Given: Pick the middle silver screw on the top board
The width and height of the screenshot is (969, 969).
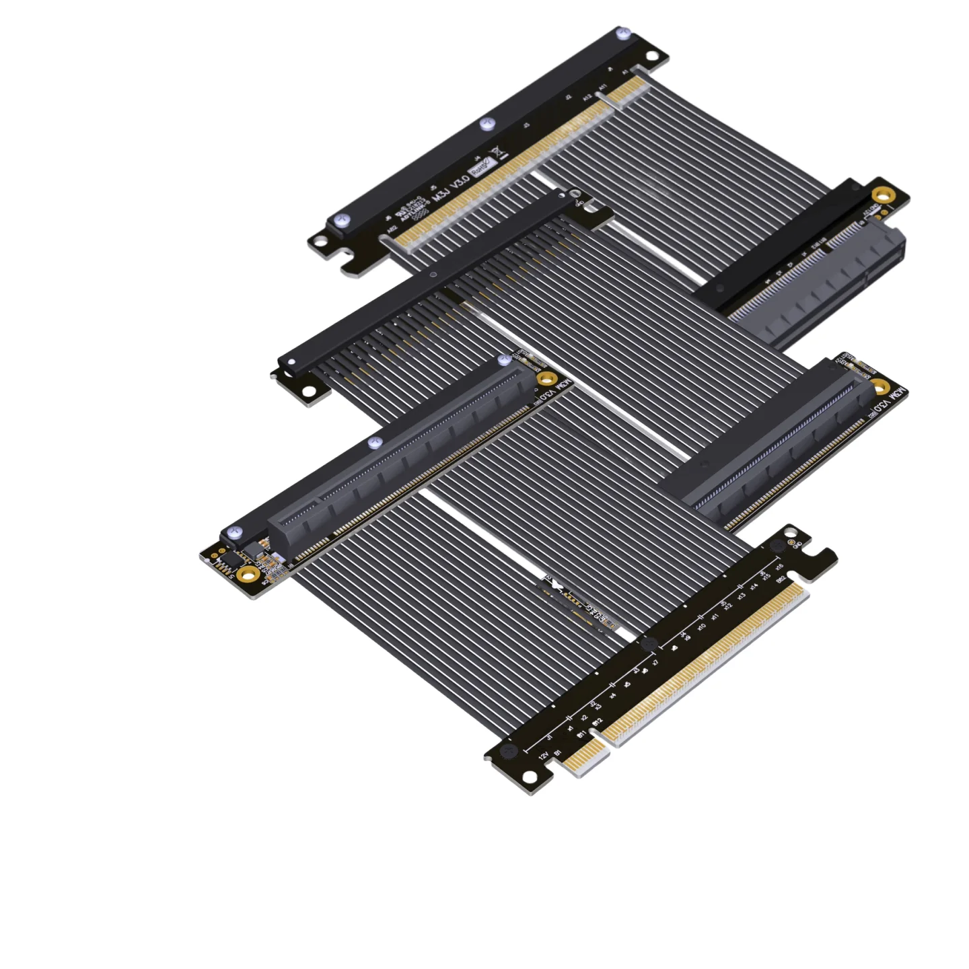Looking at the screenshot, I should (487, 124).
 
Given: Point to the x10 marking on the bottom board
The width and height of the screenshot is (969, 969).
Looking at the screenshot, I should (701, 628).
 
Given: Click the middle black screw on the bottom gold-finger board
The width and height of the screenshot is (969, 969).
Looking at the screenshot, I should (649, 644).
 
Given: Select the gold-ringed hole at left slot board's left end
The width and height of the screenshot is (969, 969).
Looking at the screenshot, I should (248, 573).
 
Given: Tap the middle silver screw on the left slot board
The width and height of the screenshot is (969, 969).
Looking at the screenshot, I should (375, 442).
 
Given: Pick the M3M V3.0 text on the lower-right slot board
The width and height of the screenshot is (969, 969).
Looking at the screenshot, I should (888, 398).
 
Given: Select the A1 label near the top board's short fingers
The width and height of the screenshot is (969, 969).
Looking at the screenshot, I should (626, 72).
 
